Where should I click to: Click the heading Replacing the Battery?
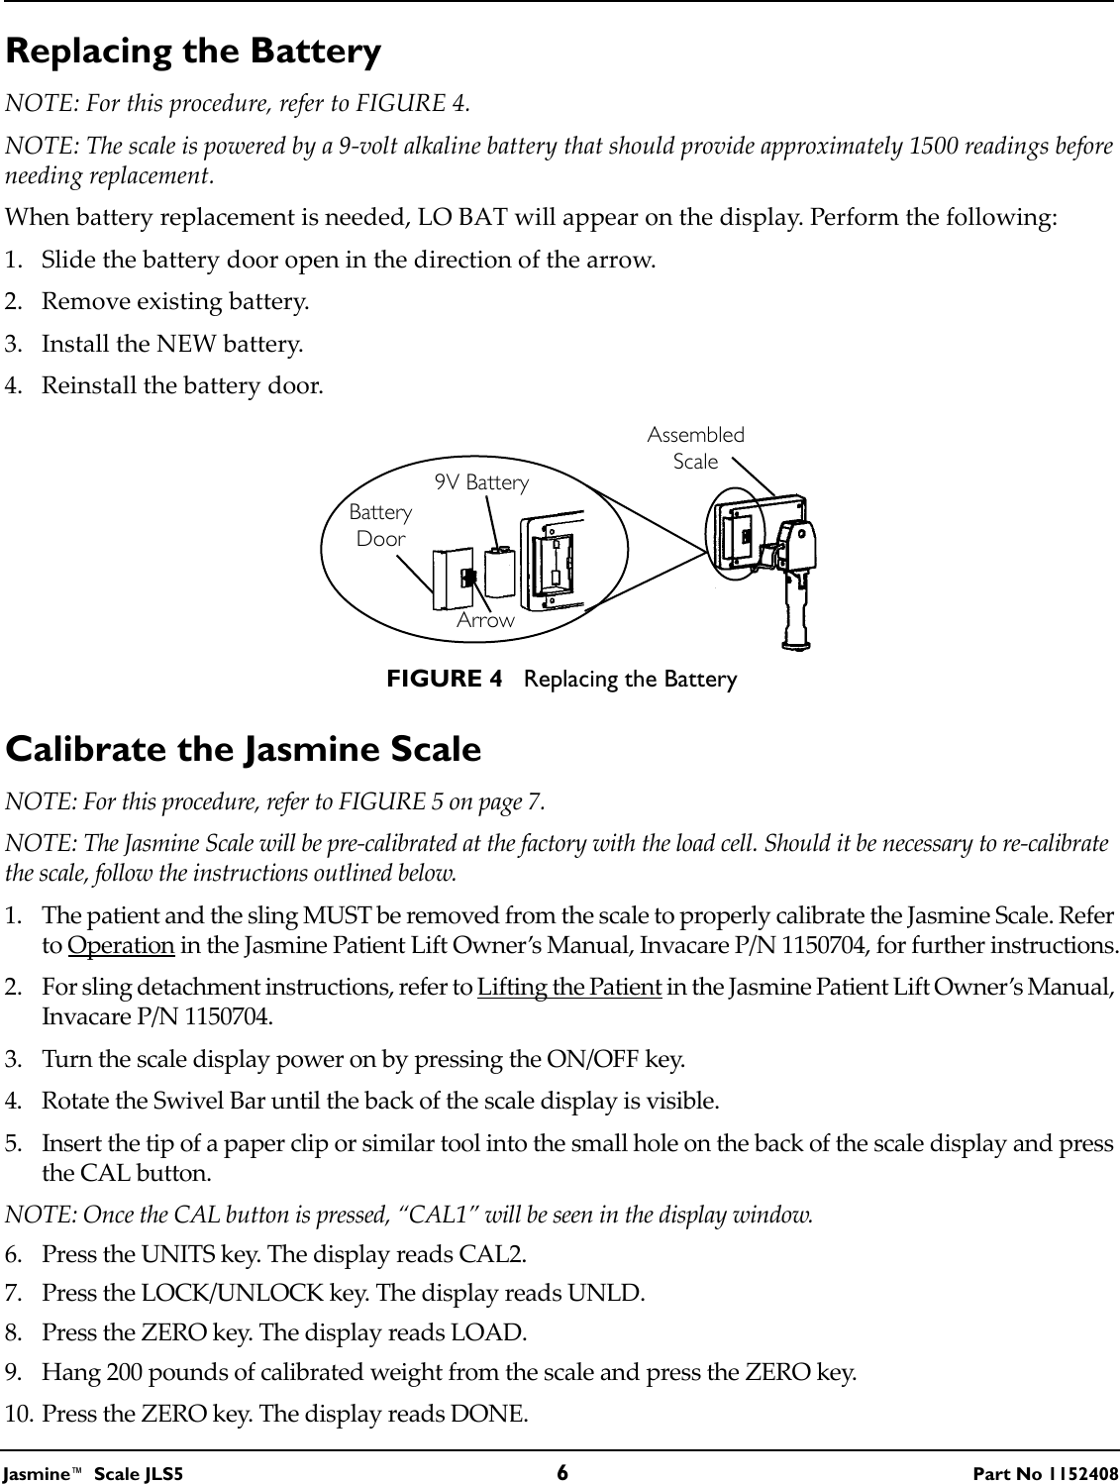coord(193,52)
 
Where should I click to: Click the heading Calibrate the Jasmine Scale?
coord(244,749)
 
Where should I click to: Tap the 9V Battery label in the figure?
coord(482,482)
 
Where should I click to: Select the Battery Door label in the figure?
coord(380,525)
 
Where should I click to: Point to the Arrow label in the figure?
coord(485,620)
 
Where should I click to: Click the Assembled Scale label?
coord(695,448)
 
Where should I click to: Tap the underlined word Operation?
coord(121,945)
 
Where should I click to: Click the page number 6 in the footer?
coord(561,1471)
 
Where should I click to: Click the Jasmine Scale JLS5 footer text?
coord(94,1472)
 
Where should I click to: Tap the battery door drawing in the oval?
coord(449,581)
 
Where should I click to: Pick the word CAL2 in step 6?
coord(491,1253)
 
